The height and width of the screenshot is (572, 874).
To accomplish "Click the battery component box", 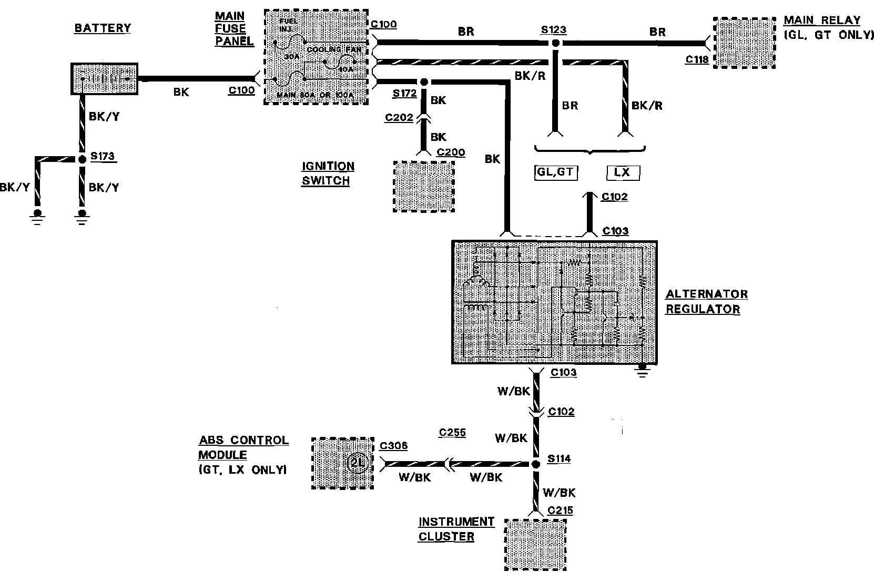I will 105,79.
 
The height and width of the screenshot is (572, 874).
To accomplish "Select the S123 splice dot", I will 555,44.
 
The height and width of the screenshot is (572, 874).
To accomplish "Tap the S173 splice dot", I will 82,159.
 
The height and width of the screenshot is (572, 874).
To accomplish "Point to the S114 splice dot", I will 536,464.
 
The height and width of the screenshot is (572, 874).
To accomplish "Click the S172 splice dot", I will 423,82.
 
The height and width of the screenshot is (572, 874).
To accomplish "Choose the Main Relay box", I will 744,43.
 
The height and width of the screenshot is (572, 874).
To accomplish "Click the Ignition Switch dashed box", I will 424,187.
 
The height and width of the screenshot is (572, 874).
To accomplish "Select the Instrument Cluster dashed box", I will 535,544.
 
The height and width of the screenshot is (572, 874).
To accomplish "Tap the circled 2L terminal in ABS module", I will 356,463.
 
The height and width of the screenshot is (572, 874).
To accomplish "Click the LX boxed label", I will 623,172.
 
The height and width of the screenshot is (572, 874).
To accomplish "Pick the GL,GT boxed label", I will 555,172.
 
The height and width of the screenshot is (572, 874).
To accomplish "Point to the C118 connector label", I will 697,60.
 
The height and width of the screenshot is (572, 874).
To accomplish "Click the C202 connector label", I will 399,117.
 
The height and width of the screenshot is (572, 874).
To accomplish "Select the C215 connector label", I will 560,510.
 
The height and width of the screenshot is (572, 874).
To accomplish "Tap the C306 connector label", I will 393,446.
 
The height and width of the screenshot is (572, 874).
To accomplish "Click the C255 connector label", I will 452,433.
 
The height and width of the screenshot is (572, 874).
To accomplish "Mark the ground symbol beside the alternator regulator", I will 642,371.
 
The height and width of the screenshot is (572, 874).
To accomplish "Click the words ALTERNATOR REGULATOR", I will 706,301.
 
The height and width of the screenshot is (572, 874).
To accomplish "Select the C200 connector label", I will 451,152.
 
